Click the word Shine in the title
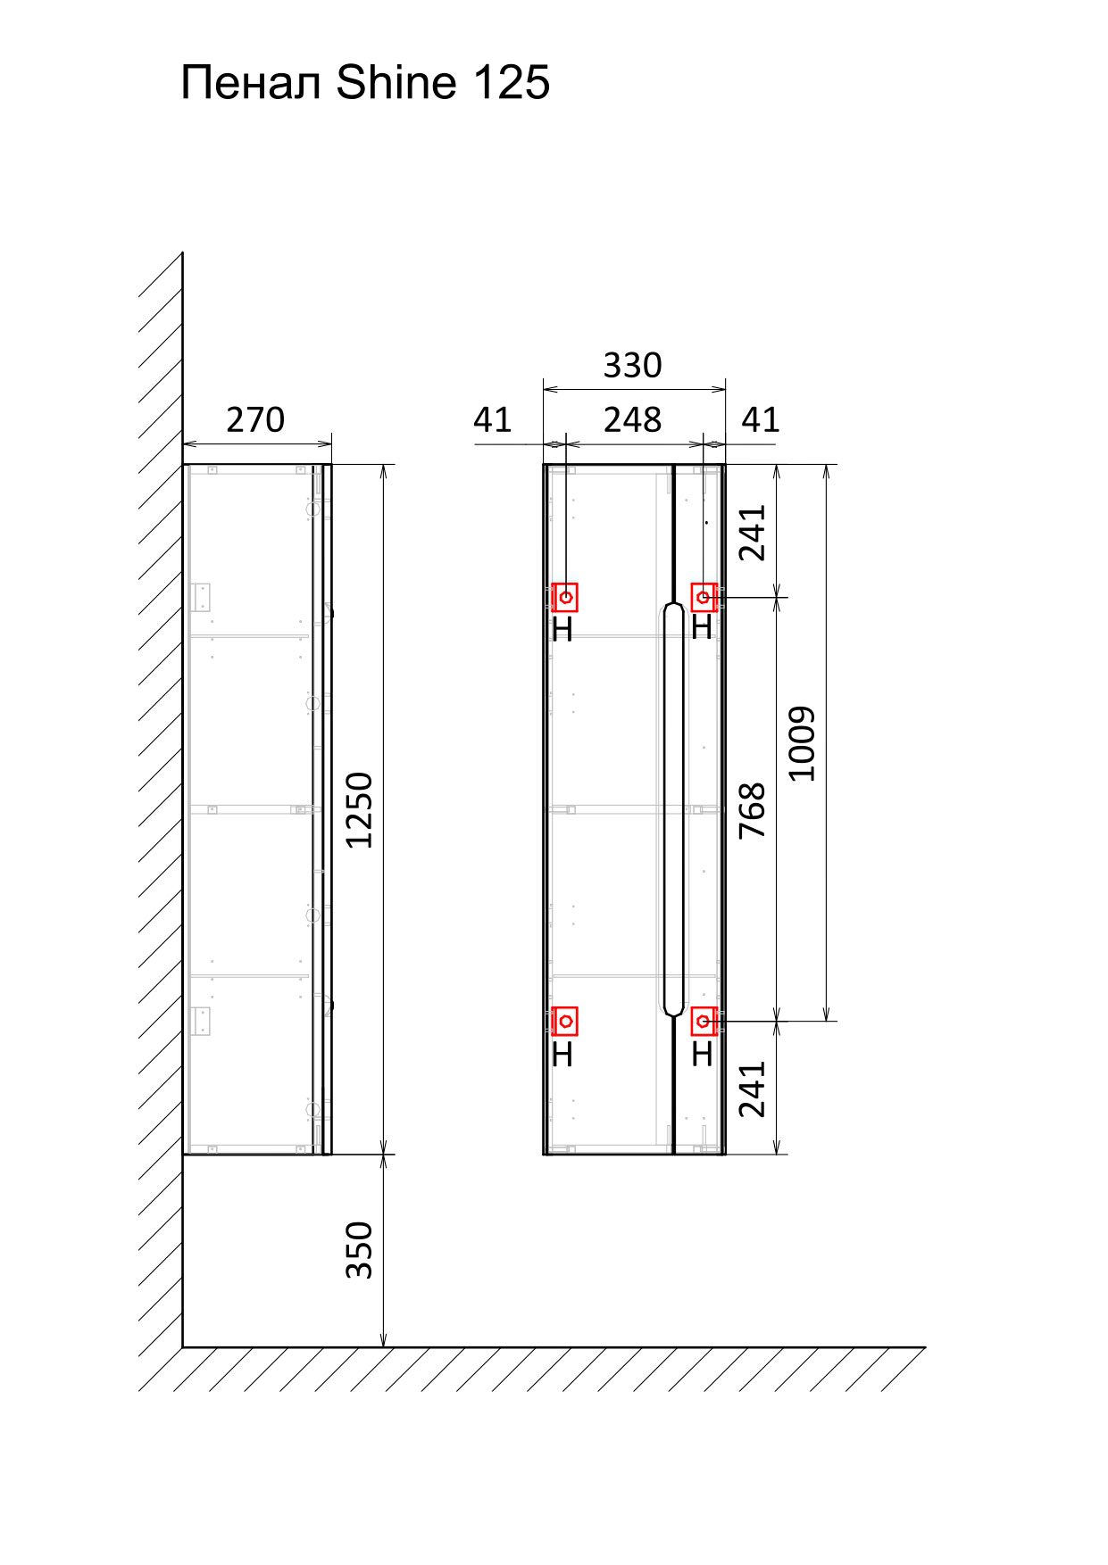396,82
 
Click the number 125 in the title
511,82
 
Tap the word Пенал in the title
251,83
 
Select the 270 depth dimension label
255,419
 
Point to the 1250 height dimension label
359,810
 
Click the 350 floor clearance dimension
359,1250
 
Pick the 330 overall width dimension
633,365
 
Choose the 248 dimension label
633,419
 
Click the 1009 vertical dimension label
802,743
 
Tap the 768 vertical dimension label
753,810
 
